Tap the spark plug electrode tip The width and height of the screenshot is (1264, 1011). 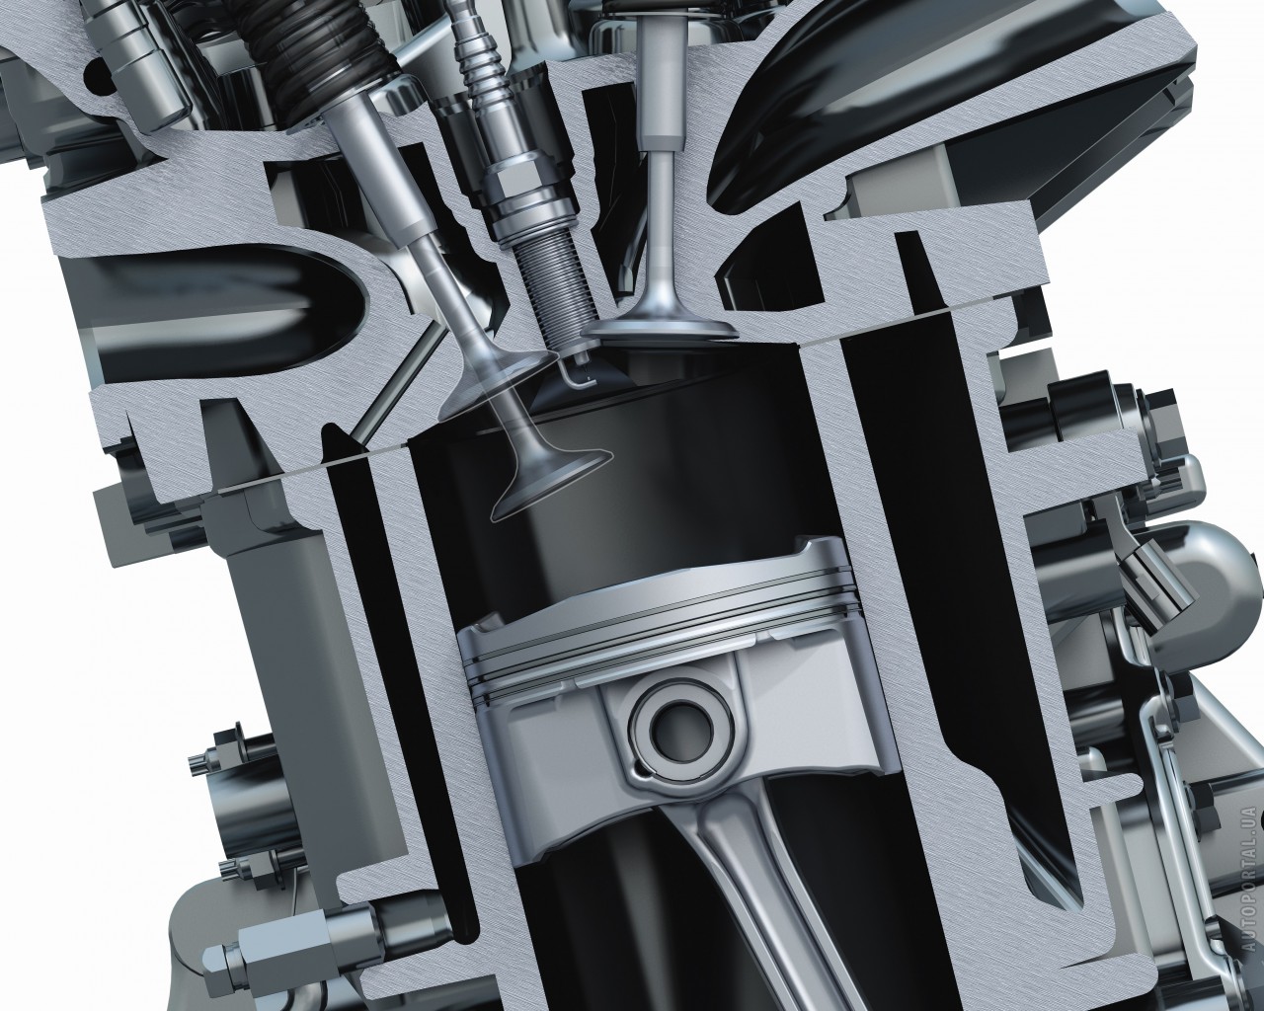(578, 380)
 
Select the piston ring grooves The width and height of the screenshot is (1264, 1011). (658, 644)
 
